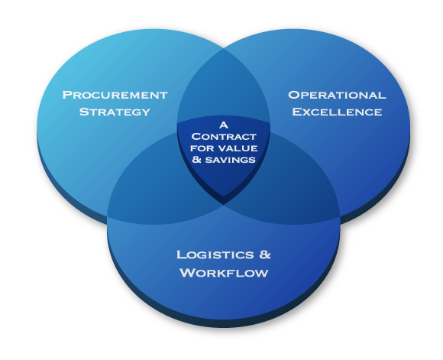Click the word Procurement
115,95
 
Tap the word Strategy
115,112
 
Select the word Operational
337,95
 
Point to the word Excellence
337,112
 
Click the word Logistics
215,255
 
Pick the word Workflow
224,273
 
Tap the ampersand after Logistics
265,255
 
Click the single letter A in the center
224,125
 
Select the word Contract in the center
224,137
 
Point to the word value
238,148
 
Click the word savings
230,160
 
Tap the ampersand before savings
196,160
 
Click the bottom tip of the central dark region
223,204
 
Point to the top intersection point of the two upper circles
224,49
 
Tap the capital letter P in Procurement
66,95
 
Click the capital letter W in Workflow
186,273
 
